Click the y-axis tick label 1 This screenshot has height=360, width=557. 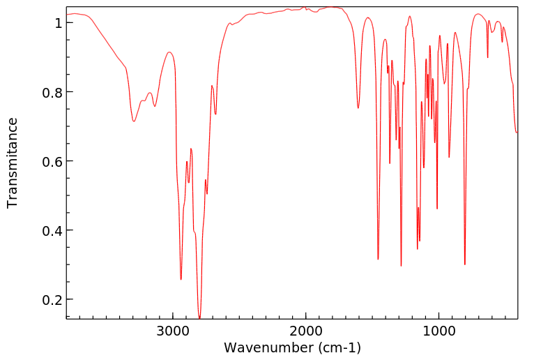(x=59, y=24)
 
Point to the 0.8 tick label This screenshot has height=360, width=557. (x=54, y=93)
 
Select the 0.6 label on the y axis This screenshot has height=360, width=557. (x=54, y=162)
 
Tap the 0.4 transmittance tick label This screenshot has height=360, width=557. (x=54, y=231)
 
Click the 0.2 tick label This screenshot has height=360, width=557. (x=54, y=300)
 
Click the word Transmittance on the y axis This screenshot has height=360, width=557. (x=13, y=163)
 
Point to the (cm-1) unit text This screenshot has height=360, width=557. (x=338, y=347)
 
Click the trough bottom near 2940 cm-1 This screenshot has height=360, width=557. (x=181, y=279)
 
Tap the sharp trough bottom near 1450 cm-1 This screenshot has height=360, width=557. (x=378, y=259)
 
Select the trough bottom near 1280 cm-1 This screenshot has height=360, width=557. (x=401, y=266)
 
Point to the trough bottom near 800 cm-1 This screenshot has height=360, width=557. (x=465, y=264)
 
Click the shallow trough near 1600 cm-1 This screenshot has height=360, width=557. (x=358, y=108)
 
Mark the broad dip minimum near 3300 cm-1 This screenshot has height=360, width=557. (x=134, y=121)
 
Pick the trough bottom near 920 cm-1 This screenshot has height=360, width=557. (x=449, y=157)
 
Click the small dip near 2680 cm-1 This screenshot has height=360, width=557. (x=215, y=114)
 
